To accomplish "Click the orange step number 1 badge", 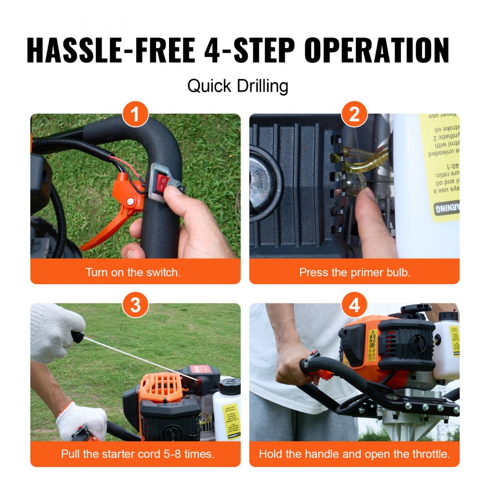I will click(135, 116).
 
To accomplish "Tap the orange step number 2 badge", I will click(354, 116).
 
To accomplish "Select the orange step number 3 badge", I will click(135, 306).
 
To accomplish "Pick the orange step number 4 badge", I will click(354, 306).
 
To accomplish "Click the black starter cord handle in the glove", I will click(77, 337).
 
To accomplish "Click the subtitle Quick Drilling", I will click(238, 86).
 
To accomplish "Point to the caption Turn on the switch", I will click(133, 272).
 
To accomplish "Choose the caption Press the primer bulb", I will click(354, 272).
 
